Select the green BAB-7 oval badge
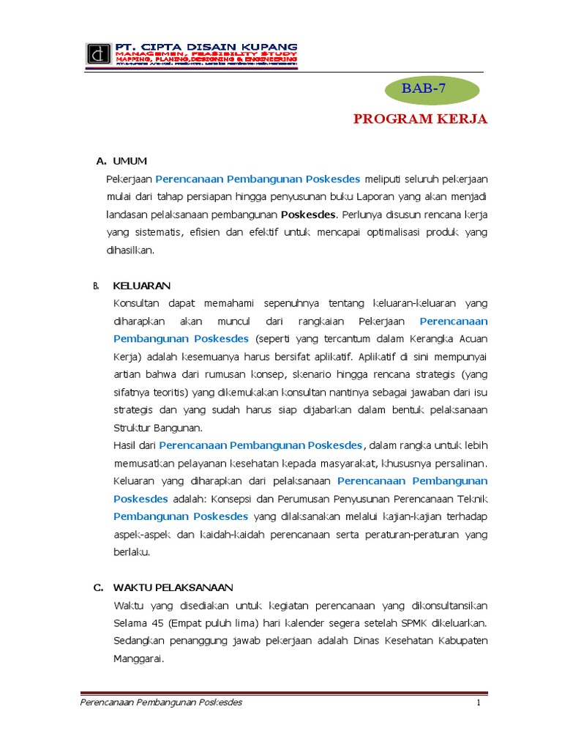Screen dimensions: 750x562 [x=433, y=89]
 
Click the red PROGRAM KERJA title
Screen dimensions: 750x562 [x=420, y=119]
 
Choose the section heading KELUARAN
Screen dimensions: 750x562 [x=141, y=286]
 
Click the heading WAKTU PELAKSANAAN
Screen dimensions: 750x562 [x=173, y=587]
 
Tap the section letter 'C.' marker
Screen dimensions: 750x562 [x=98, y=587]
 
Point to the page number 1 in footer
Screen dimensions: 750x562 [x=478, y=703]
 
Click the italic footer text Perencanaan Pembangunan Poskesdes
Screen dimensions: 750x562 [x=160, y=703]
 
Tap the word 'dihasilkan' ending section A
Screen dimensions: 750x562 [x=130, y=250]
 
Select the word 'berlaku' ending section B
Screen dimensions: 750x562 [x=132, y=552]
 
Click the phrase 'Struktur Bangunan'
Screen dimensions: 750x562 [x=157, y=428]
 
